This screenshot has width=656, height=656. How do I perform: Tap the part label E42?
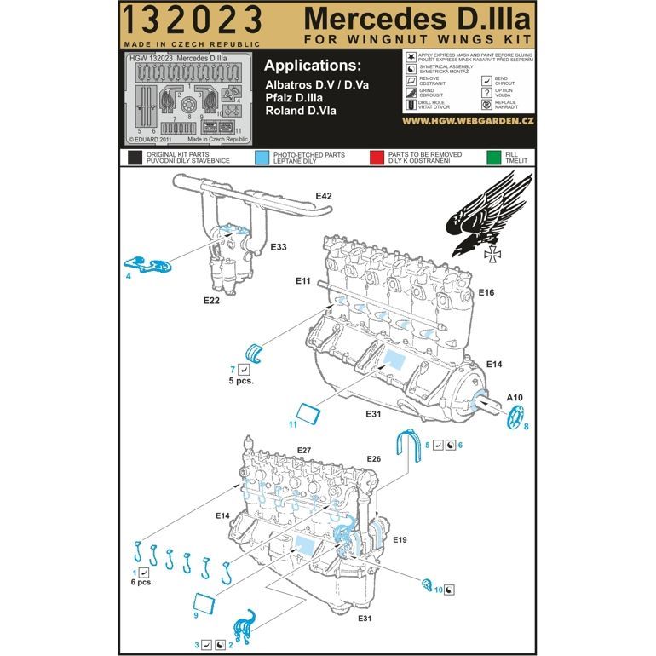323,196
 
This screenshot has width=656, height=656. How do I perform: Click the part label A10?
515,397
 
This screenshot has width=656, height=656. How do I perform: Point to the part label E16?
486,292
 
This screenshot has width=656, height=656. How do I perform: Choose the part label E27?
307,451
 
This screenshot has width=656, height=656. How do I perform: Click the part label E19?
400,540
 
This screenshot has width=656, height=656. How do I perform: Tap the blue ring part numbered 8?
514,417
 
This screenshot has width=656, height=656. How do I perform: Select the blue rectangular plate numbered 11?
308,414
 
